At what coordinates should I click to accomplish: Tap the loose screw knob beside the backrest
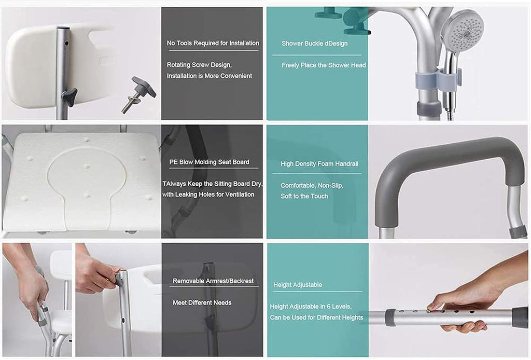(x=139, y=94)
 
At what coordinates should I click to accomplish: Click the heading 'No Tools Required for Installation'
(x=213, y=43)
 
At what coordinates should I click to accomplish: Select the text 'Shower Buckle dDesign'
(x=314, y=44)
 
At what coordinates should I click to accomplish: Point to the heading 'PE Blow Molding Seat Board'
(x=209, y=162)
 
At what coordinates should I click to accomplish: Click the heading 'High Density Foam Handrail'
(x=319, y=163)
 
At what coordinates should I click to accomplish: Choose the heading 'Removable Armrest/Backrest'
(x=213, y=281)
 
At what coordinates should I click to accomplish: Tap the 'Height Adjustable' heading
(x=297, y=284)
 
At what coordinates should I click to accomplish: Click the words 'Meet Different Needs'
(x=202, y=302)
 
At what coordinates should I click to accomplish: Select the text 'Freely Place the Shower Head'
(x=324, y=65)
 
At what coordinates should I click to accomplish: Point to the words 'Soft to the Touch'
(x=304, y=196)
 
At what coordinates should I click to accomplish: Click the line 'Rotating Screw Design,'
(x=199, y=65)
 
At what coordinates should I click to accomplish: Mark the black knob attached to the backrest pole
(x=69, y=97)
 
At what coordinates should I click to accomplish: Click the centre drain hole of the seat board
(x=87, y=167)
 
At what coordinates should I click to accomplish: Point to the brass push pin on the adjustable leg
(x=430, y=310)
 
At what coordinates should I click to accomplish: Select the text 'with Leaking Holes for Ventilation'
(x=208, y=195)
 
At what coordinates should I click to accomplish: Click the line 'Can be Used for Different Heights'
(x=316, y=317)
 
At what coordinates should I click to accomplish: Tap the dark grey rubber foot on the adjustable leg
(x=520, y=317)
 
